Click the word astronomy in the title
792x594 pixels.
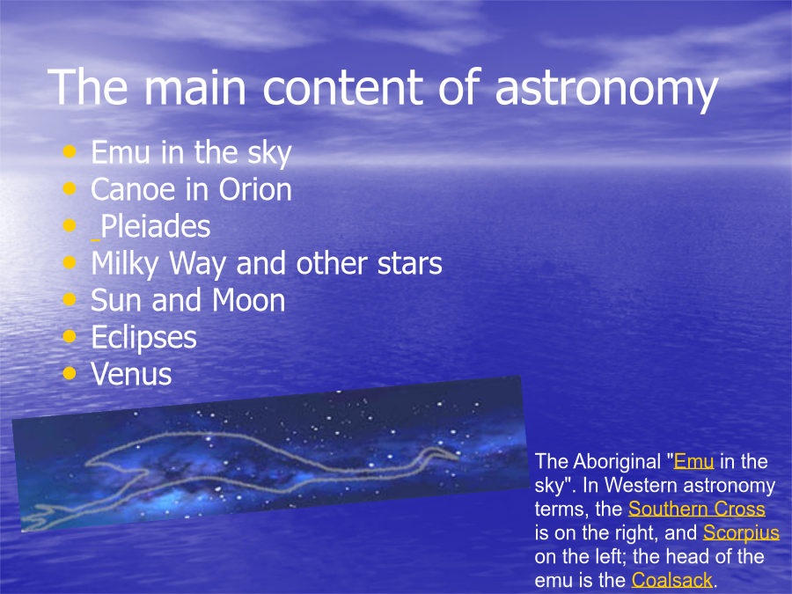(x=606, y=90)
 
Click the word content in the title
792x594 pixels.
(x=343, y=88)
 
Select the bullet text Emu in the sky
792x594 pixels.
(x=192, y=152)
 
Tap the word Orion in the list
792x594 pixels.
(x=255, y=190)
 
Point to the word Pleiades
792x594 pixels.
(x=156, y=226)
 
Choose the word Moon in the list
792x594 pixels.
(x=248, y=301)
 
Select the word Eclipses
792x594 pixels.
(x=144, y=338)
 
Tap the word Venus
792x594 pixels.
(x=131, y=374)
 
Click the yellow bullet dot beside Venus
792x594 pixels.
(x=70, y=373)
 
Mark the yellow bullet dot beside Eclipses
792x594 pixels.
(x=70, y=336)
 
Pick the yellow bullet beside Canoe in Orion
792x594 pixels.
(x=70, y=188)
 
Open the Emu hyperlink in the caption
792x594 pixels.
(x=693, y=461)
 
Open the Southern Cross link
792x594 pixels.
(x=697, y=509)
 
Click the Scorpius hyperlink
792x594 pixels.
(x=741, y=533)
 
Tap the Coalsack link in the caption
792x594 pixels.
(x=671, y=580)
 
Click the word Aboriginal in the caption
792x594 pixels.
(x=617, y=462)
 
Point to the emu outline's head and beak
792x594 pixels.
(x=441, y=454)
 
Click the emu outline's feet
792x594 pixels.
(x=40, y=517)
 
